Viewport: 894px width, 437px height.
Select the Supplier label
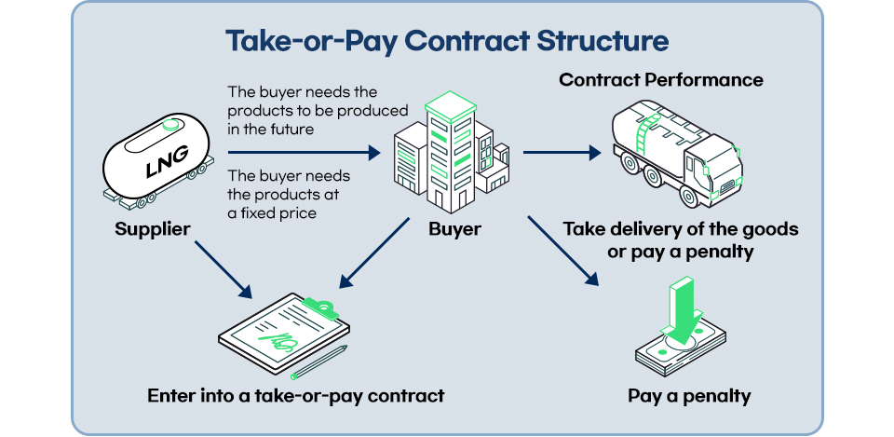[152, 229]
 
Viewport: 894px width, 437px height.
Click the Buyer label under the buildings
[455, 229]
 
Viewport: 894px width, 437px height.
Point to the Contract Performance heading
[661, 80]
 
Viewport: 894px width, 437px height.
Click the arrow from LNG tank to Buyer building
[304, 152]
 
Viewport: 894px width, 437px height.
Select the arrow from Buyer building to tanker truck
[562, 152]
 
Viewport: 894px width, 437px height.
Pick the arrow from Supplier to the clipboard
[223, 269]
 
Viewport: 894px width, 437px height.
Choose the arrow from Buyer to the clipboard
[374, 253]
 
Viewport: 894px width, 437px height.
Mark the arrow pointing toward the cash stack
[563, 251]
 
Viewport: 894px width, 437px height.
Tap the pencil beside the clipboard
[318, 362]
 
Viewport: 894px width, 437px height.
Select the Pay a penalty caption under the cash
[689, 396]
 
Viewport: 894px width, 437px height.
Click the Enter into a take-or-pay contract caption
[295, 396]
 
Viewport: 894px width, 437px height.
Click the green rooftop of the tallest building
[451, 106]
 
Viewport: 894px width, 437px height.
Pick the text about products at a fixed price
[289, 194]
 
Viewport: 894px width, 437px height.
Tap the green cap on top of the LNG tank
[170, 125]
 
